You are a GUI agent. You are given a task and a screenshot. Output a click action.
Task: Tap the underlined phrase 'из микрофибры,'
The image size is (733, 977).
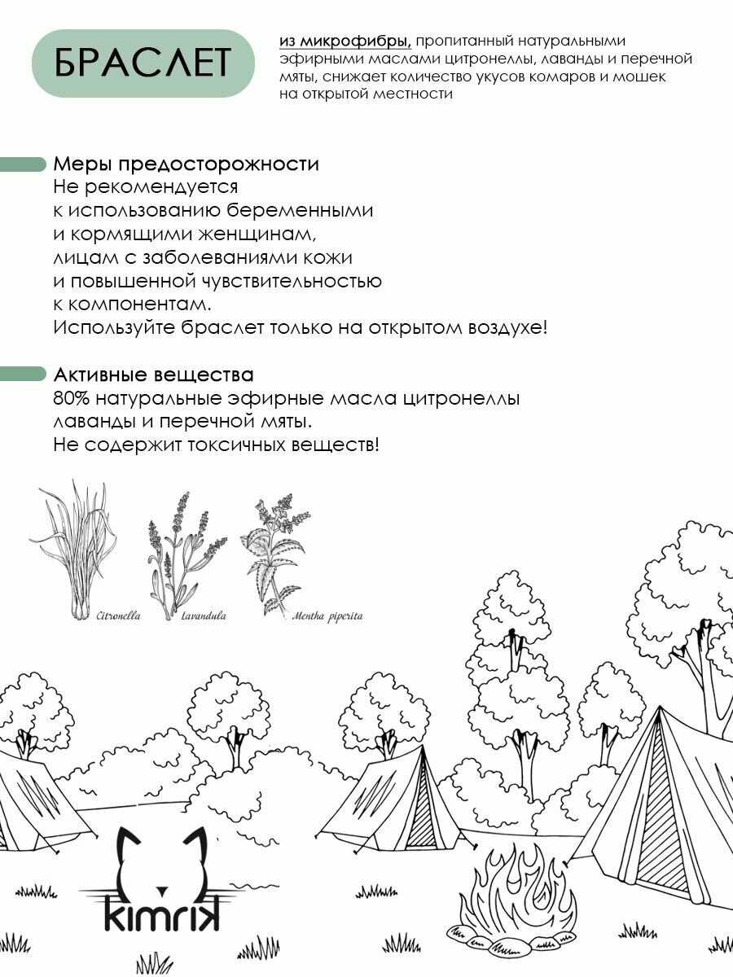point(345,42)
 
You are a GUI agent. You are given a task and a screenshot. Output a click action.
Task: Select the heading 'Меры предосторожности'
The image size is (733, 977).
point(186,164)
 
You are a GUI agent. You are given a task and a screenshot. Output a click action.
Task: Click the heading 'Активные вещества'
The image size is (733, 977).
point(154,375)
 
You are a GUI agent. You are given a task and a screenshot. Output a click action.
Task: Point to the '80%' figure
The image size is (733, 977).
point(72,398)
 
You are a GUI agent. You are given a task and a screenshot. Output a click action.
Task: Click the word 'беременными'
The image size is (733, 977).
point(300,210)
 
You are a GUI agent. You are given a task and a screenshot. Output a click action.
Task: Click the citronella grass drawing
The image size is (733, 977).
point(73,550)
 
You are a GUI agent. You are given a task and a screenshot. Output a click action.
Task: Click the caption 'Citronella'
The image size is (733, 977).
point(118,616)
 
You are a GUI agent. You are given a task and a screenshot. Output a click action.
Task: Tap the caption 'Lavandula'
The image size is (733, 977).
point(204,616)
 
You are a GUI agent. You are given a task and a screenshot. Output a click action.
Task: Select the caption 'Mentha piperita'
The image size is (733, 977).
point(327,617)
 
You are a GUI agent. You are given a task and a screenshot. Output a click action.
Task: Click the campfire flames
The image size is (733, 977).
point(520,879)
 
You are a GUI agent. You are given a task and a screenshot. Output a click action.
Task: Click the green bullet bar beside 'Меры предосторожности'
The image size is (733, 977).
point(22,164)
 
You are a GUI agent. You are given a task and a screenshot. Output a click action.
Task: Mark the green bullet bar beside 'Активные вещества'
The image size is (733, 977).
point(22,375)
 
